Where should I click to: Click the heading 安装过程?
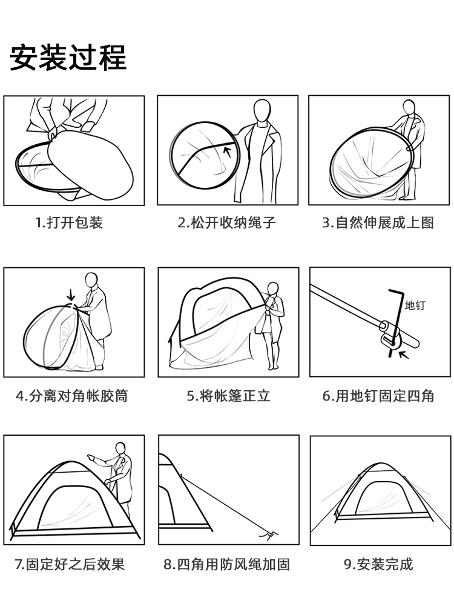click(68, 57)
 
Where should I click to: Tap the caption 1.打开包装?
click(69, 222)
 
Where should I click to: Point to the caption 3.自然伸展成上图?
click(378, 222)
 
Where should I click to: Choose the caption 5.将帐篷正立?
click(228, 396)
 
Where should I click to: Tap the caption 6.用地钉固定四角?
click(378, 396)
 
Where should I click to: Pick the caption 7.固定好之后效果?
click(70, 565)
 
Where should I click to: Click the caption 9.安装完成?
click(378, 565)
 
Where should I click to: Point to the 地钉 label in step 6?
click(415, 305)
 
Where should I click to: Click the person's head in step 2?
click(262, 111)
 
